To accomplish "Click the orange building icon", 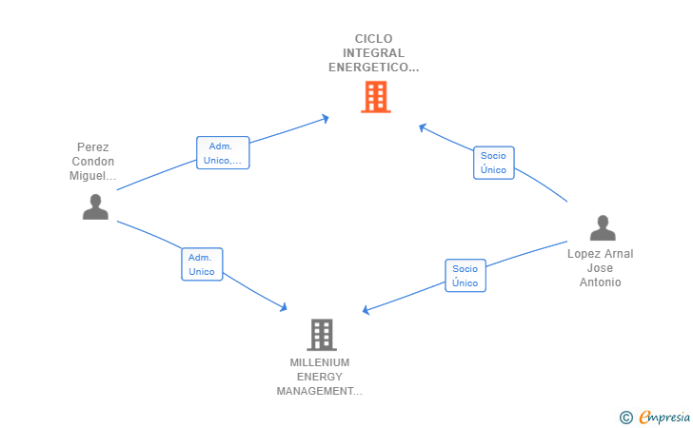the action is [376, 97].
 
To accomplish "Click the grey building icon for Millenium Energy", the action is [322, 335].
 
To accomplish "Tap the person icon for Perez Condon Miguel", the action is [95, 206].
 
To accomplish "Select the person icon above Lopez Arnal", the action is [603, 228].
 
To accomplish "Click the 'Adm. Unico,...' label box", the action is [223, 153].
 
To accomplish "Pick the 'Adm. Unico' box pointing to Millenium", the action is [202, 264].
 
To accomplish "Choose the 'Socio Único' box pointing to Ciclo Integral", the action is [494, 163].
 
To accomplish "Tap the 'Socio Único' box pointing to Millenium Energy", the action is [465, 276].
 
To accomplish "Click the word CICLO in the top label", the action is [373, 39].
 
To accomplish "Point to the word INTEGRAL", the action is [373, 53].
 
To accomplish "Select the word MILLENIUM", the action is [320, 362].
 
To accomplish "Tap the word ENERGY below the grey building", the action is [320, 377].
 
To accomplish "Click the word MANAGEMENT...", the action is [315, 391].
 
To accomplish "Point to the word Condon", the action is [93, 162].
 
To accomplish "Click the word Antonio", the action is [600, 282].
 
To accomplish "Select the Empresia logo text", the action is [664, 417].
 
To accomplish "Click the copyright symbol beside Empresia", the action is [626, 418].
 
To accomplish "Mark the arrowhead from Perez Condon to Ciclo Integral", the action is [326, 118].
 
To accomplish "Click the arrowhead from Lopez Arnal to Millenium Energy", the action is [366, 310].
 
